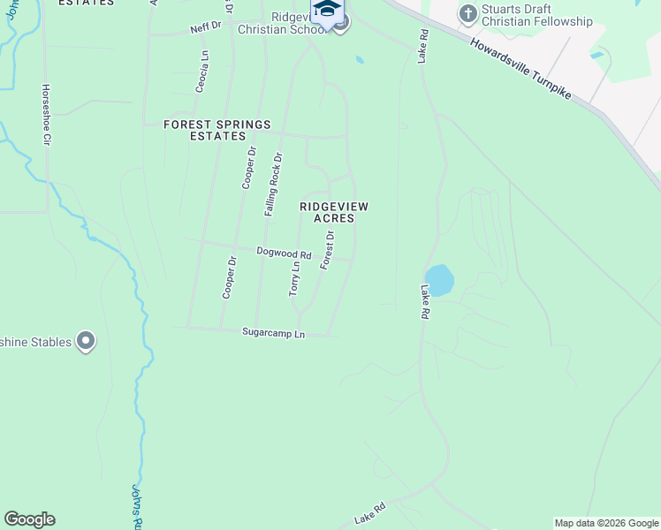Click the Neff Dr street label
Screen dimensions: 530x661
click(204, 29)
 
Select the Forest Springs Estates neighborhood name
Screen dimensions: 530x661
click(217, 131)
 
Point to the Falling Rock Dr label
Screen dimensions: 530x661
click(273, 185)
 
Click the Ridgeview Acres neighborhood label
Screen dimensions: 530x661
click(333, 212)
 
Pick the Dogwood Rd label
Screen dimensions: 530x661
click(284, 254)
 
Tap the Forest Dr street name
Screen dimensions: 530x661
click(327, 250)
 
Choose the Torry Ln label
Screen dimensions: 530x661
click(295, 278)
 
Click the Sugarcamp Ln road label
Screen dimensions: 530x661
click(273, 334)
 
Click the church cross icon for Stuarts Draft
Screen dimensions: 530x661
click(467, 14)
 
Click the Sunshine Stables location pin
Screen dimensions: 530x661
click(86, 341)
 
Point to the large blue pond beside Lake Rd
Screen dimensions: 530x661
click(439, 280)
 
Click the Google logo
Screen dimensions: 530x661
click(29, 519)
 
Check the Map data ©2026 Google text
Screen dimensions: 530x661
click(606, 523)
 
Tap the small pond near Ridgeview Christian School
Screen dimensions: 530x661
click(358, 60)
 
